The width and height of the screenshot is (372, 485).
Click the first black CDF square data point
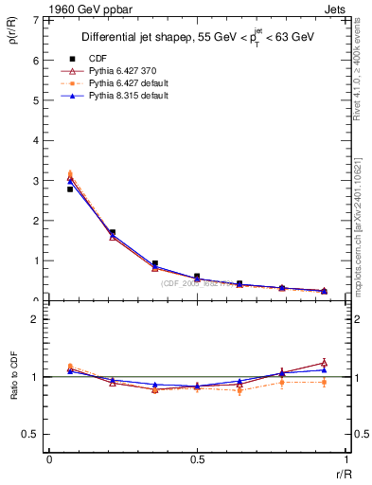70,189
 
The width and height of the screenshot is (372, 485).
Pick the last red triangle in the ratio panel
324,362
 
